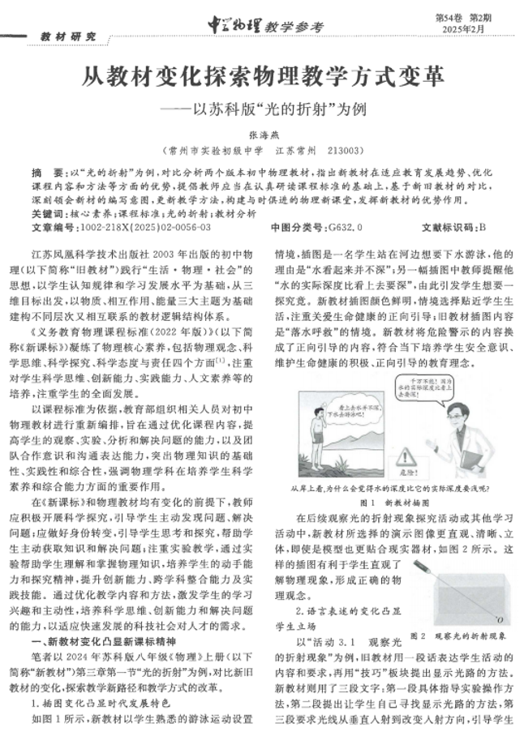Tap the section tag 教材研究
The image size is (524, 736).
click(69, 36)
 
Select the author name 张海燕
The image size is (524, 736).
click(262, 137)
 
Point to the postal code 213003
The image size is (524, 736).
click(344, 151)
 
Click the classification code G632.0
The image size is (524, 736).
click(340, 227)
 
